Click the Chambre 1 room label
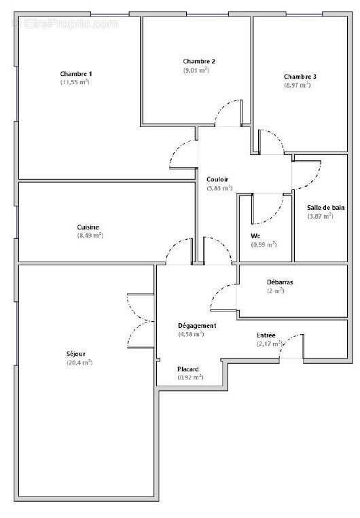75,73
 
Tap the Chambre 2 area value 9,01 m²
195,70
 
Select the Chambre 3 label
300,76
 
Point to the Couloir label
217,179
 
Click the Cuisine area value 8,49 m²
90,236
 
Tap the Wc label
256,236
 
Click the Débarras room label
275,281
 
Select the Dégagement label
196,325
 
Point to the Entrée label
266,335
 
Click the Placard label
188,369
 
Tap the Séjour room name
75,354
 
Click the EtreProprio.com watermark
65,24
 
